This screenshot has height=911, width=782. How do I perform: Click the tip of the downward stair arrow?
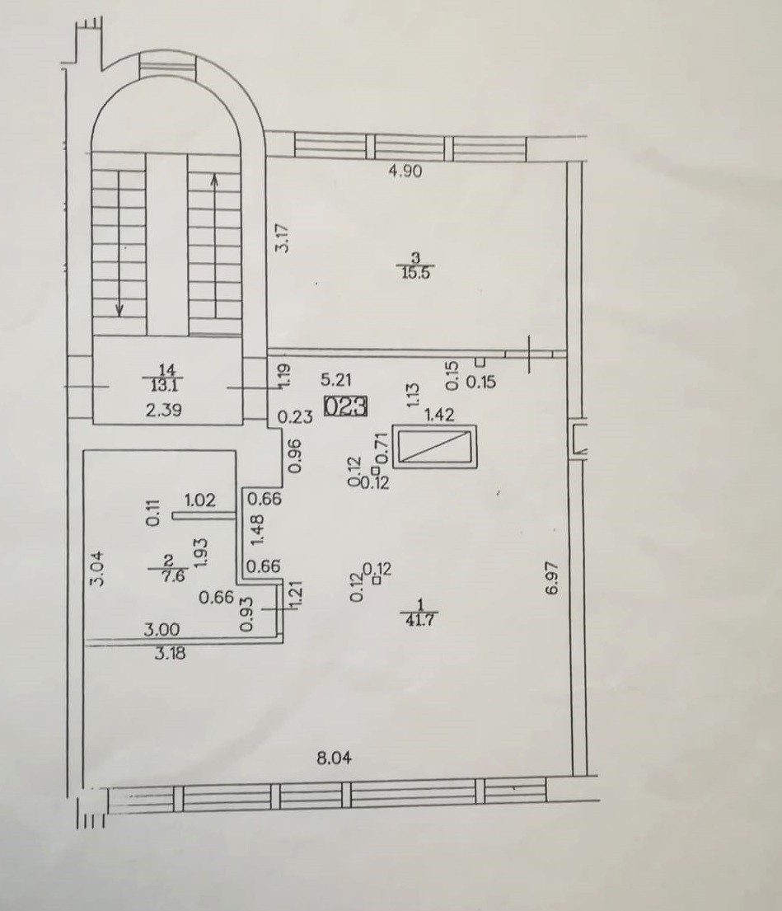click(119, 317)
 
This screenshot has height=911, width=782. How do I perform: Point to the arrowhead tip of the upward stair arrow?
click(214, 174)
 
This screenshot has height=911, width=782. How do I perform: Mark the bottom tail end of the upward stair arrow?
click(214, 317)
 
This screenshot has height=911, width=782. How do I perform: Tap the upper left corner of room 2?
click(83, 451)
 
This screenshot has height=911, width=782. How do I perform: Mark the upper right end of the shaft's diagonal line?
click(470, 432)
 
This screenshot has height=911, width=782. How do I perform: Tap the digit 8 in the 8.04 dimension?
click(321, 758)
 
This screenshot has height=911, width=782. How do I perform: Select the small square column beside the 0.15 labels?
click(480, 363)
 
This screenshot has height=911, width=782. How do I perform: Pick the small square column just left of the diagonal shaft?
click(376, 470)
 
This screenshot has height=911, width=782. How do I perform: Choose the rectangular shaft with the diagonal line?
click(434, 446)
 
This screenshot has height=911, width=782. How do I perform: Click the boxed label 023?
click(345, 406)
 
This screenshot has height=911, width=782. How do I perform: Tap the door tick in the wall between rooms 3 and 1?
click(530, 354)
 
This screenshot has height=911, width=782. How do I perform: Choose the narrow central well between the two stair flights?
click(166, 244)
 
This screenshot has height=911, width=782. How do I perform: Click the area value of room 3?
click(416, 273)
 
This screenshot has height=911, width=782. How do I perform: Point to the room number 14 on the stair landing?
click(166, 369)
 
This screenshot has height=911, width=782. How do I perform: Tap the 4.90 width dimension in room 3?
click(405, 171)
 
